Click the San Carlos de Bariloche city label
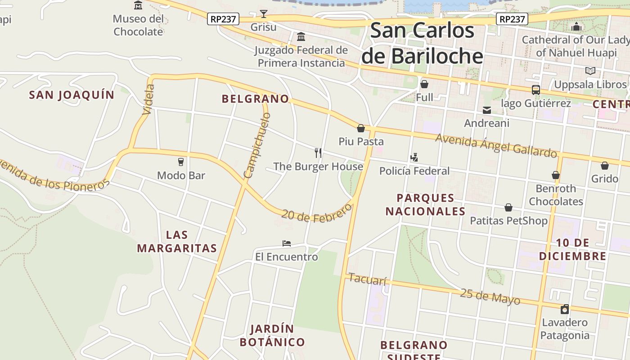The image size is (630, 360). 422,44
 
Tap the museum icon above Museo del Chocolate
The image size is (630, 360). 138,5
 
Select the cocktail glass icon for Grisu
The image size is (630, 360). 264,14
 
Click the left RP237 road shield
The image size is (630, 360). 223,19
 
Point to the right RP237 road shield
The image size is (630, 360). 512,19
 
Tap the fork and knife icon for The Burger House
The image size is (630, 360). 318,153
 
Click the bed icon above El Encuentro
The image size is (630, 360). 287,243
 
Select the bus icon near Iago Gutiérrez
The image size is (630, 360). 535,90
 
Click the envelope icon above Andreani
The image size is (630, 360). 487,110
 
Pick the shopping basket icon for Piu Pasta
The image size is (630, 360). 361,128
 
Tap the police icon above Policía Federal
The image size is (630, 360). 414,157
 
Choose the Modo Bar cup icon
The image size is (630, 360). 181,162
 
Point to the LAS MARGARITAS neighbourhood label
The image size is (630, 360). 177,242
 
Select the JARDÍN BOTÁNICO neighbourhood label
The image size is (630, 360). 266,335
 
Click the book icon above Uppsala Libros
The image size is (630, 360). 590,71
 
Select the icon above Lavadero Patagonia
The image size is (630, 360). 565,309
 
